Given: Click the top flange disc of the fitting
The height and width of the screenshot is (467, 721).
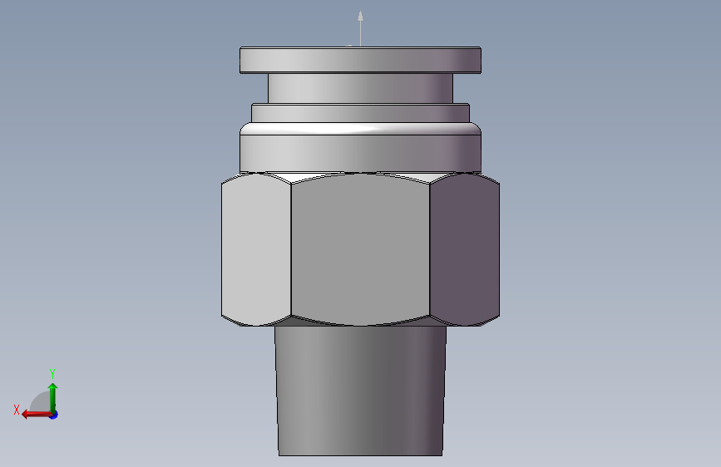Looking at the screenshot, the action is pyautogui.click(x=361, y=60).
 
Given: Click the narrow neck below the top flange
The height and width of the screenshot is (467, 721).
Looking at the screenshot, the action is pyautogui.click(x=361, y=88).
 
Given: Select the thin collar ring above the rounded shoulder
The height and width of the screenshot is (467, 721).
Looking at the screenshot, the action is pyautogui.click(x=361, y=113).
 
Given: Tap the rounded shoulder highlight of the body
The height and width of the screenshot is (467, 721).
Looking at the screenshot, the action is pyautogui.click(x=361, y=129).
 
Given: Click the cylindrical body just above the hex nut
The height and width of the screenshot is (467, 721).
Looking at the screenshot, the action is pyautogui.click(x=361, y=154).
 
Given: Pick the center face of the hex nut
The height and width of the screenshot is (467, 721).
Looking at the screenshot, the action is pyautogui.click(x=361, y=249).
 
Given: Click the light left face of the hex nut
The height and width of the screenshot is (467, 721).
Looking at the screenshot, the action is pyautogui.click(x=256, y=249).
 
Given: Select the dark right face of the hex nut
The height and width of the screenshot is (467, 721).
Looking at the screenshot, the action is pyautogui.click(x=465, y=249).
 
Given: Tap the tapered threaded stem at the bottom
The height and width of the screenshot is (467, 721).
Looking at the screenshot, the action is pyautogui.click(x=361, y=391).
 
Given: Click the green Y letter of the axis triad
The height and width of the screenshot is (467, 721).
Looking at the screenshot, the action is pyautogui.click(x=52, y=373).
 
